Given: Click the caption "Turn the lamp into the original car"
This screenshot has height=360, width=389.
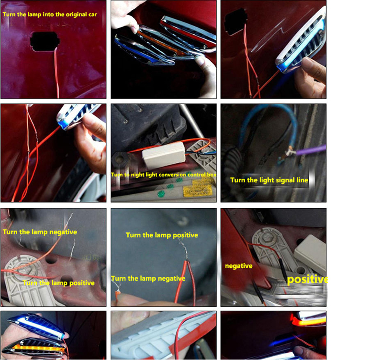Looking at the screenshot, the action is coord(50,14).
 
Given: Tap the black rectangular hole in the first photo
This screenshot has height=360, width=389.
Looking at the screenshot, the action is coord(45,41).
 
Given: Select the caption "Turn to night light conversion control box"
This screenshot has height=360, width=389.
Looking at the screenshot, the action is coord(164,175).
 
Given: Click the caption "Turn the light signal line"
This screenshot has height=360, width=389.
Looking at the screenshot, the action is coord(269,180).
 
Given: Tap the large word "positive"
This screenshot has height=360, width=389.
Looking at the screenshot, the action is coord(307,279).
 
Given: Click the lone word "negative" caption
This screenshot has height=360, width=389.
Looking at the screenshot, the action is coord(239,266).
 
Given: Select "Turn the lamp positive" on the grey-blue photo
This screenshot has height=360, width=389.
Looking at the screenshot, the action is coord(162,235).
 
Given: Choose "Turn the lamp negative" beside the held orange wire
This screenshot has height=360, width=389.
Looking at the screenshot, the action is coord(148,279).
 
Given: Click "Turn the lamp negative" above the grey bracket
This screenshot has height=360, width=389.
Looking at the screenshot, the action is coord(40,232).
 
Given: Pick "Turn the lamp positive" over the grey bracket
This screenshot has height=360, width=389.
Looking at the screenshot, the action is coord(59,283).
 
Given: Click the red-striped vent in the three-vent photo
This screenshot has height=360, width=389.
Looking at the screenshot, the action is coord(188,31).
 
